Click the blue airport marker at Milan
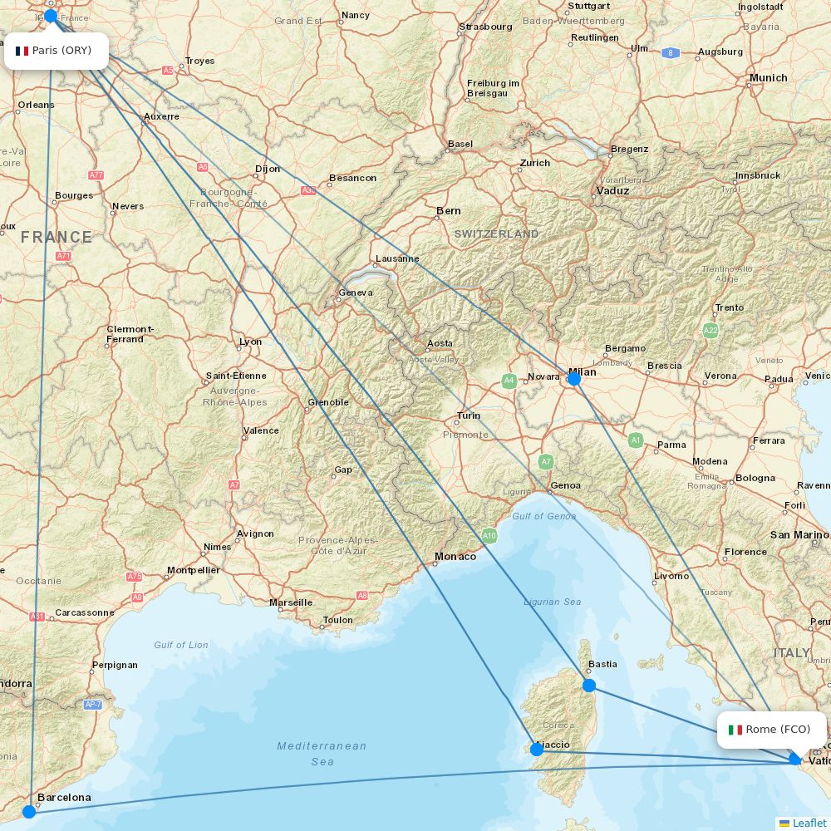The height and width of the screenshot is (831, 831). pos(573,378)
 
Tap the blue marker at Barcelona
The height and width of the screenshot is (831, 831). pos(29,811)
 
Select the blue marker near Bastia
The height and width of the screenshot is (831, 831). pos(589,686)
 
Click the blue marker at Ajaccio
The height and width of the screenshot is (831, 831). pos(537,750)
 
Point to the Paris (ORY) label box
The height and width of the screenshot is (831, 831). pos(56,51)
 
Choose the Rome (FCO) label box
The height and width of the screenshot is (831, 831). pos(771,730)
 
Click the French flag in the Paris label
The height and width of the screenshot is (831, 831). pos(22,51)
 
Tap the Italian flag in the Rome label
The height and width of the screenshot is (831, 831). pos(735,730)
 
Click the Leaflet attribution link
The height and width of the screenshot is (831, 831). pos(809,823)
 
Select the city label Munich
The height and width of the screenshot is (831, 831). pos(768,78)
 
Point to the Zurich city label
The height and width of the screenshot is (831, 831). pos(535,163)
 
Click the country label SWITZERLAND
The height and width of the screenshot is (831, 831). pos(496,234)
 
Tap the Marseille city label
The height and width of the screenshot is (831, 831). pos(291,602)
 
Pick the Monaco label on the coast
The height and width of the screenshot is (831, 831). pos(455,557)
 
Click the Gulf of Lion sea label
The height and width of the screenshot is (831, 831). pos(181,645)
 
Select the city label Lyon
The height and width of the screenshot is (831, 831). pos(250,342)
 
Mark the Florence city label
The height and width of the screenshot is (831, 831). pos(745,552)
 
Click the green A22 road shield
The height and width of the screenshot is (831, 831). pos(710,330)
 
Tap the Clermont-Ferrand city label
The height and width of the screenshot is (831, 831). pos(130,334)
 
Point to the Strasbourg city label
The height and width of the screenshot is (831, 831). pos(485,27)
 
